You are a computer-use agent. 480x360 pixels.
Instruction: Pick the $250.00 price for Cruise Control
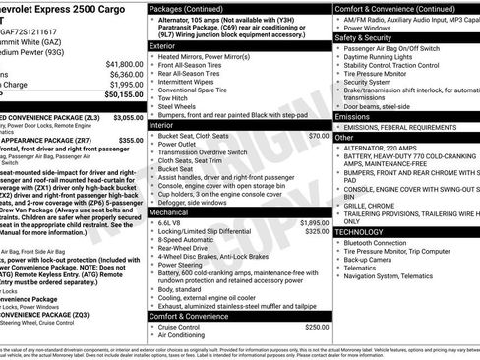[317, 327]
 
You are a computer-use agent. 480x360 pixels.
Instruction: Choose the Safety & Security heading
[368, 34]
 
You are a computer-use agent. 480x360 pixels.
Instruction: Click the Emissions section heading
[353, 116]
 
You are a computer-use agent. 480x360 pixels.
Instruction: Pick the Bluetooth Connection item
[382, 242]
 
